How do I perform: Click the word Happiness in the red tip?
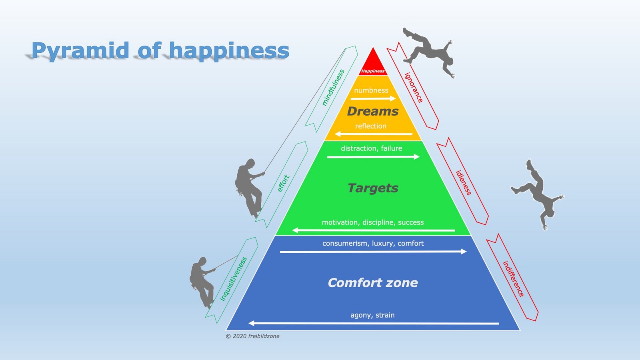point(373,71)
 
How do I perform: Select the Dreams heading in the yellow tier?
point(372,111)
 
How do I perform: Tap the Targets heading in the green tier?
point(373,188)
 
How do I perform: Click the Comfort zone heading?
point(372,283)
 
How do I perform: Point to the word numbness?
point(371,90)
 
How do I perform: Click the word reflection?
point(370,126)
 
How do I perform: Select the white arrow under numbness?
point(373,98)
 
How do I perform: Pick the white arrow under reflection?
point(374,134)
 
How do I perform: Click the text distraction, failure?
point(372,148)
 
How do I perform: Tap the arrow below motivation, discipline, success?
point(374,230)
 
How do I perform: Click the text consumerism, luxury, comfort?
point(373,244)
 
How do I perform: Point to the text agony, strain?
point(372,315)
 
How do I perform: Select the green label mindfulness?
point(333,88)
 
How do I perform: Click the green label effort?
point(284,183)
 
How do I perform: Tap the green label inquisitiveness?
point(233,279)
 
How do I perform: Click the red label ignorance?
point(414,88)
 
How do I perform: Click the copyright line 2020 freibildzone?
point(252,336)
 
